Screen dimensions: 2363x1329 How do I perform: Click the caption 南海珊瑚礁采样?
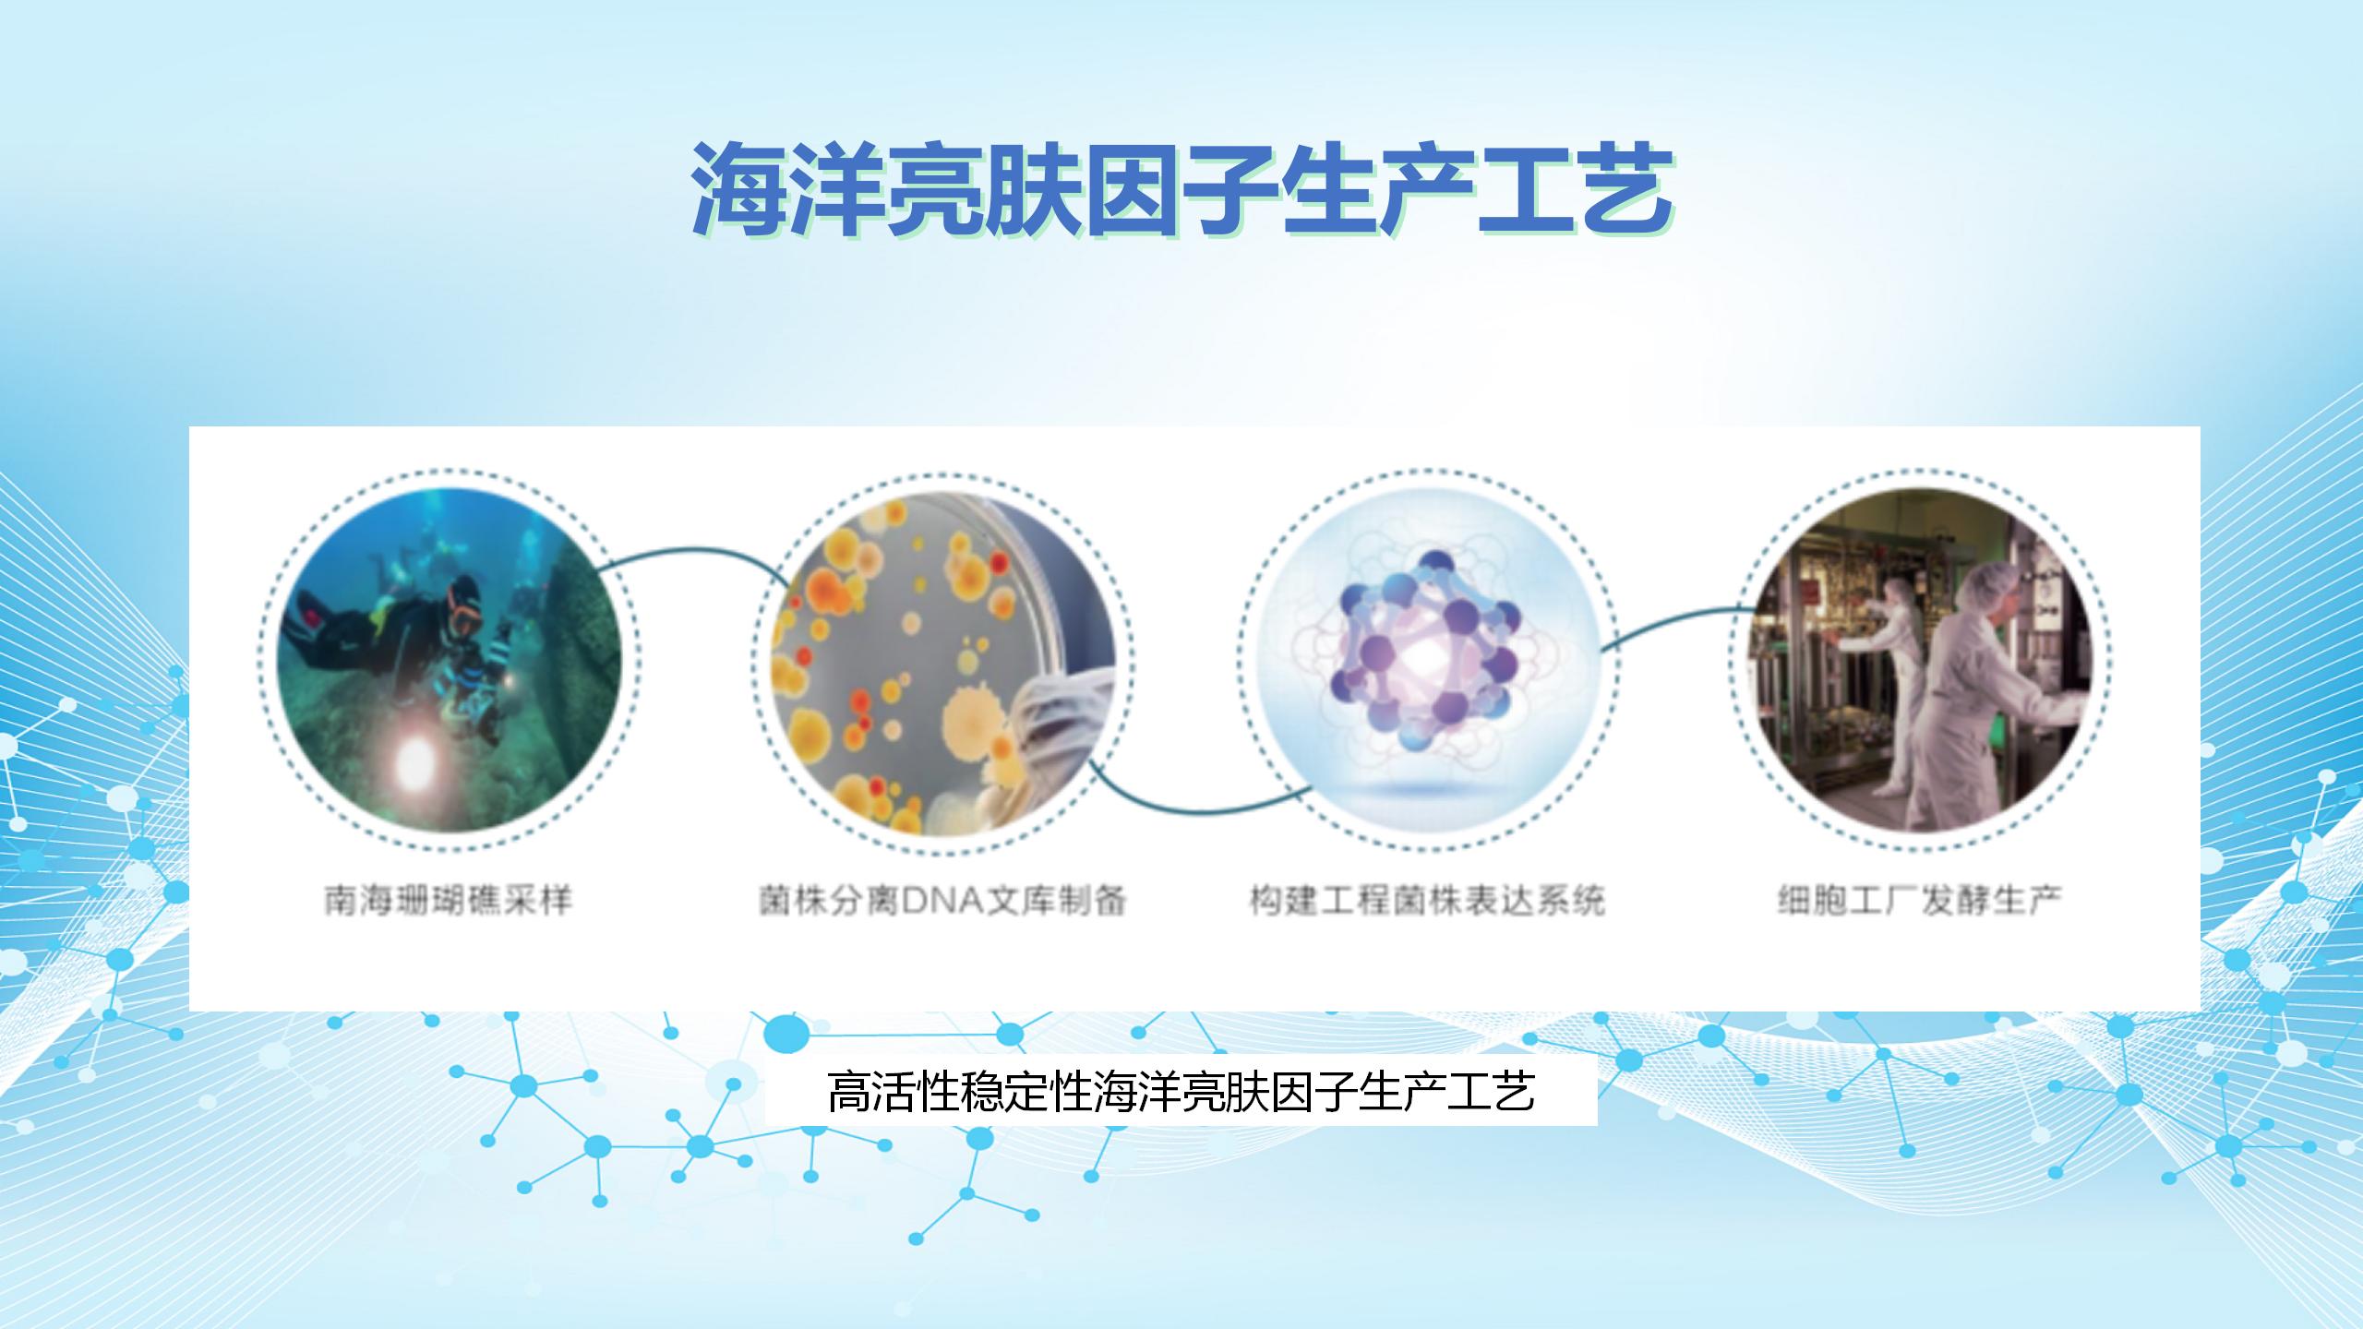(449, 900)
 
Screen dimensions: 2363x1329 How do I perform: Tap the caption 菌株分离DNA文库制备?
(942, 900)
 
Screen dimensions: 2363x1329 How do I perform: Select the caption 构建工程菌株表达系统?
(1427, 900)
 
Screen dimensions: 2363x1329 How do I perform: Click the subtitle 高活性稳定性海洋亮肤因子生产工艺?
(1181, 1091)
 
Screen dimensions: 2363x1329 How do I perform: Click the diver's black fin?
(309, 620)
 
